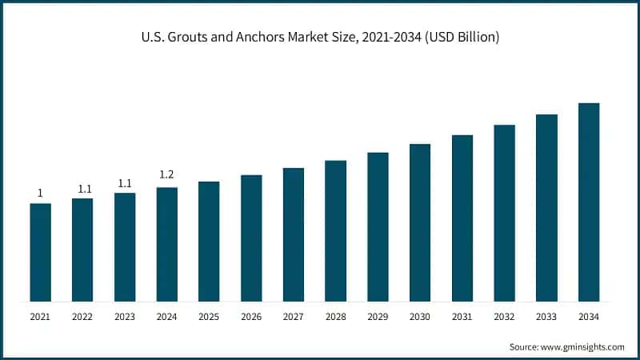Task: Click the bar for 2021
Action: point(40,252)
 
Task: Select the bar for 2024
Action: point(166,244)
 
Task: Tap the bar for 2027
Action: point(294,234)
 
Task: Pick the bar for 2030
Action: point(420,222)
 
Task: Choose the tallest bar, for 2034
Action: point(589,202)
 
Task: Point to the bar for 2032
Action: point(505,213)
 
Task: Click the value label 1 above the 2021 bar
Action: point(40,193)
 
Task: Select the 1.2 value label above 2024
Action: point(166,175)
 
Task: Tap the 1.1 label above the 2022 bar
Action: point(82,189)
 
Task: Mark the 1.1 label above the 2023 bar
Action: point(125,183)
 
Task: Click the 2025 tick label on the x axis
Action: point(209,317)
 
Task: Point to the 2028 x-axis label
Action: point(335,317)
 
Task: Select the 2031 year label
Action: point(462,317)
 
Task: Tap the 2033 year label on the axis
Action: point(546,317)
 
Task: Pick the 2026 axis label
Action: point(251,317)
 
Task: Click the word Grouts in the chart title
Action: point(186,38)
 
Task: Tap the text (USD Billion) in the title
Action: point(460,38)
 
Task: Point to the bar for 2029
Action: point(378,226)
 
